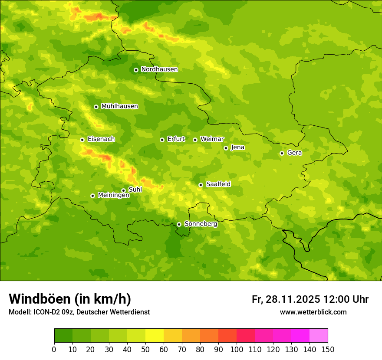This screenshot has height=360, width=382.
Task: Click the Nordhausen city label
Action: (159, 69)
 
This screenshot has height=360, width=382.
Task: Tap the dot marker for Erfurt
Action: (162, 140)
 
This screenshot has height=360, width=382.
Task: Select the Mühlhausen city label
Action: (119, 106)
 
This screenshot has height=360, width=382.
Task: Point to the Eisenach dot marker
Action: (82, 140)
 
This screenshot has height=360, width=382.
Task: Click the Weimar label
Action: (212, 139)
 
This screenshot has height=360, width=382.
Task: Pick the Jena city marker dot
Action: (226, 148)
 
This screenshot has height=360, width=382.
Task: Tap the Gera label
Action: (294, 153)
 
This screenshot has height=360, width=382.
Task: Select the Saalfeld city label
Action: (218, 184)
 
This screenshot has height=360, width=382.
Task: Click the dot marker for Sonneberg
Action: (179, 224)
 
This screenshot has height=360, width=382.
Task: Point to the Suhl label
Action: (135, 190)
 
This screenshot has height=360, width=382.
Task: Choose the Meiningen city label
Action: (113, 195)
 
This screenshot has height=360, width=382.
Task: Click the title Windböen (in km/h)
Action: (70, 299)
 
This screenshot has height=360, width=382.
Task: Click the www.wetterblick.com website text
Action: (313, 312)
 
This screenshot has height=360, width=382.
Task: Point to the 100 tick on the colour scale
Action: (237, 350)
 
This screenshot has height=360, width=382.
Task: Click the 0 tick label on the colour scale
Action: (54, 350)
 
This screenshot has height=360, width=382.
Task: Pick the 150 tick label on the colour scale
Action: (328, 350)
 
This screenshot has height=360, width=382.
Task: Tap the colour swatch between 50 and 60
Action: (155, 336)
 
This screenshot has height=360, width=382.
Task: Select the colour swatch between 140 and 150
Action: (319, 336)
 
